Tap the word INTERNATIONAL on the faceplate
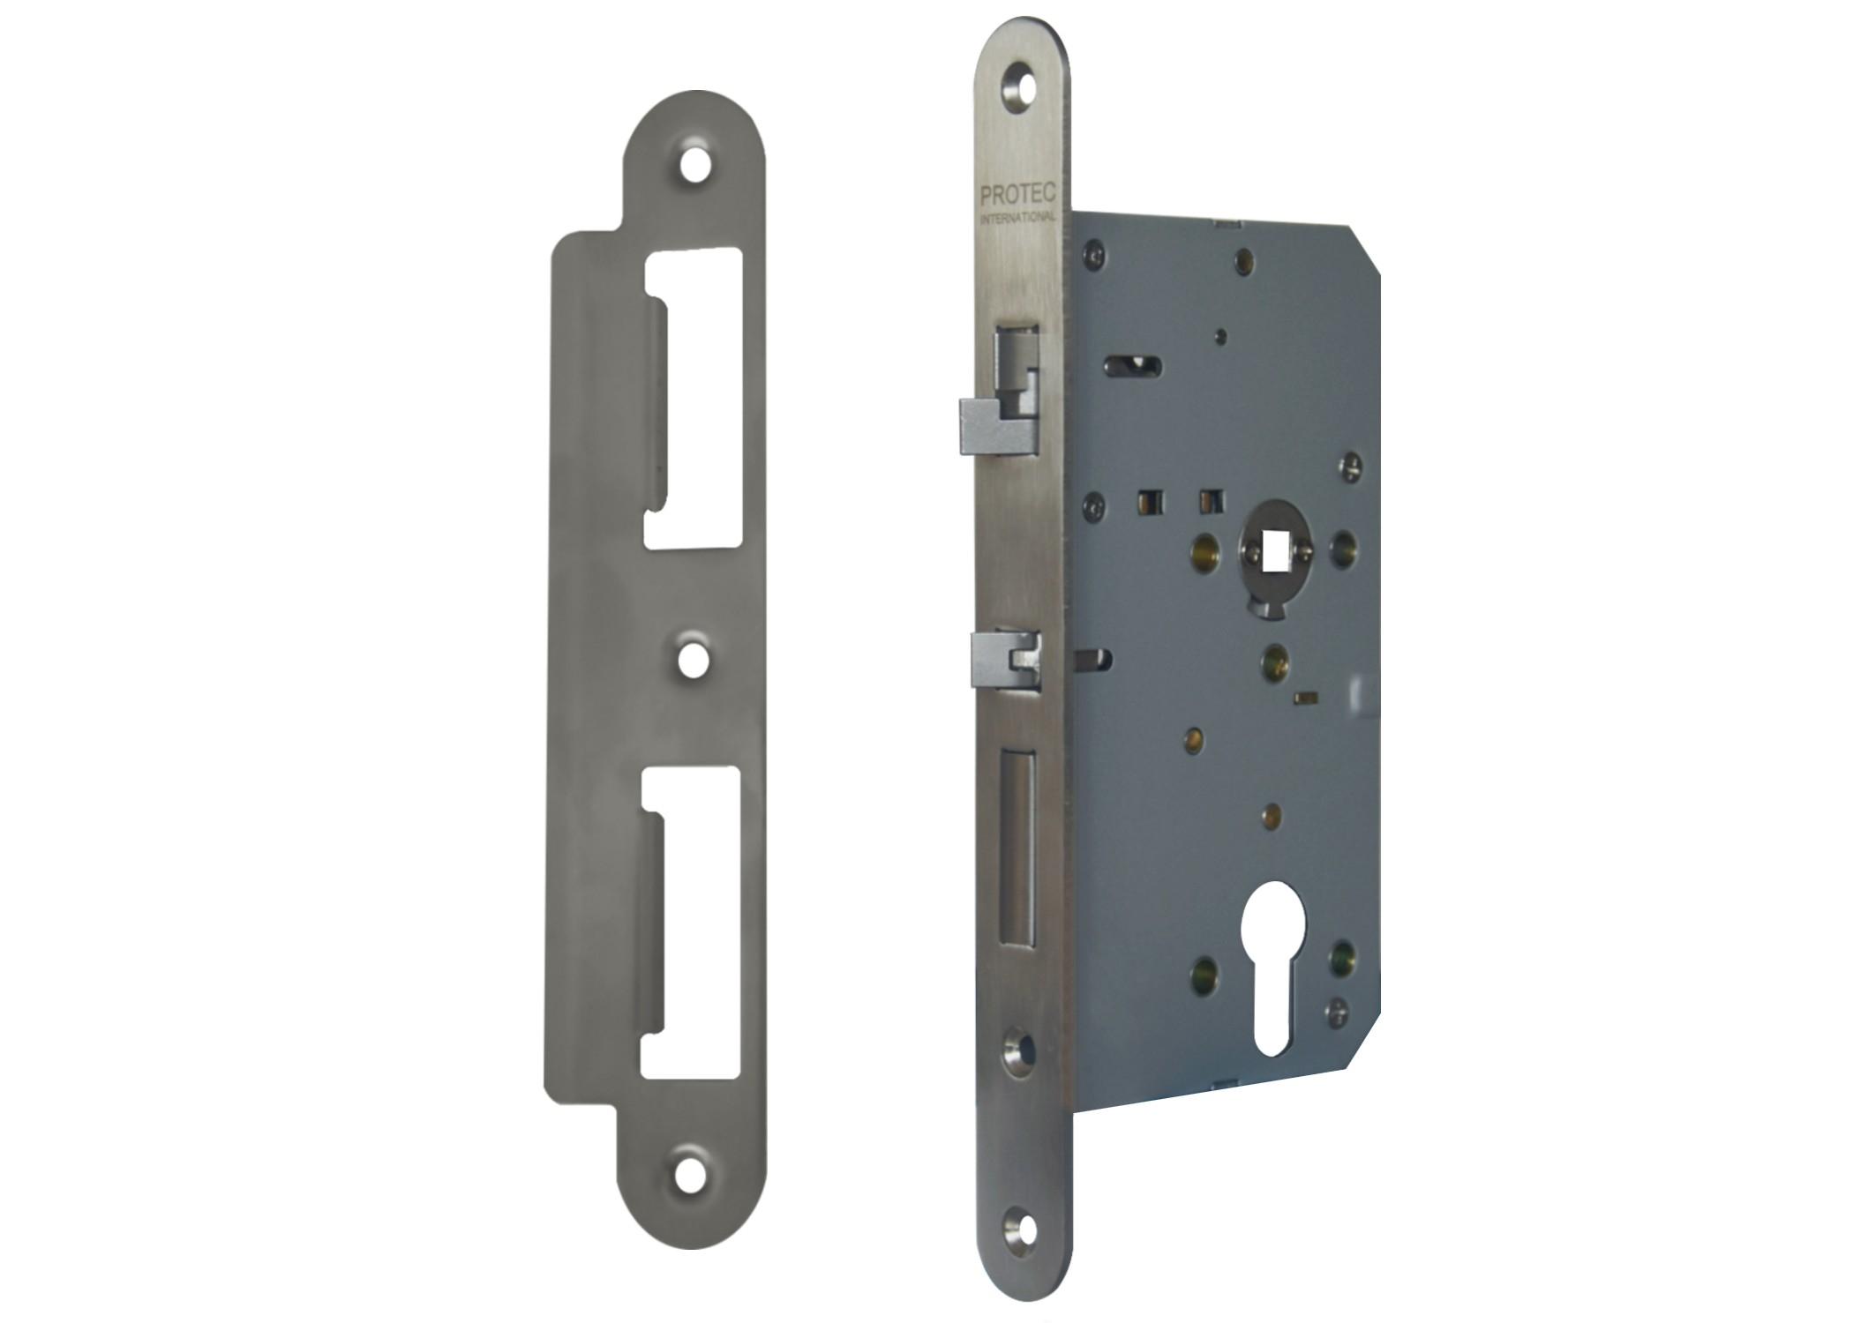point(1019,217)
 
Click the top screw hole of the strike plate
point(696,165)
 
